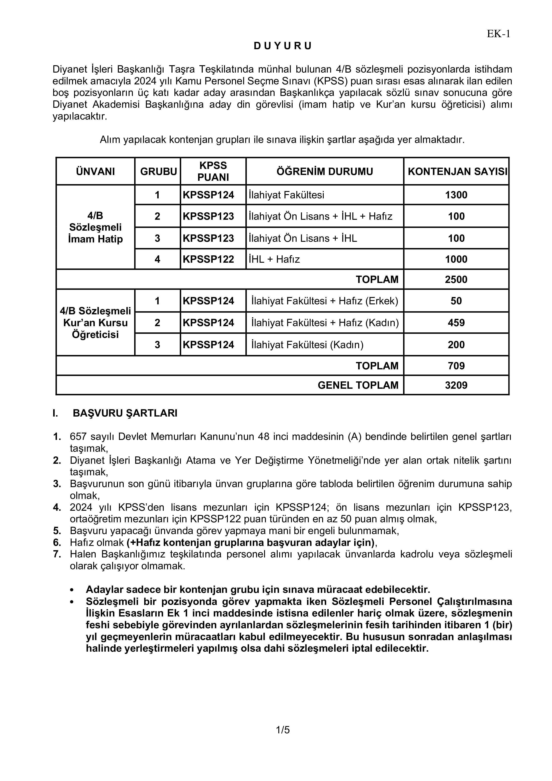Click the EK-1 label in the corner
[x=498, y=34]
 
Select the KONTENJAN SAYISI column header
[x=457, y=171]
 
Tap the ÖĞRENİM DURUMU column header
[x=325, y=171]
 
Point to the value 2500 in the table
[x=456, y=280]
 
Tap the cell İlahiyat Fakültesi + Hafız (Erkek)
[x=325, y=301]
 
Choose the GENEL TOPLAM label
[x=358, y=385]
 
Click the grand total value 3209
[x=456, y=385]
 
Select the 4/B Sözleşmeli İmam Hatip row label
[x=95, y=227]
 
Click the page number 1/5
[x=283, y=730]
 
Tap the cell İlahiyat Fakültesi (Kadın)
[x=307, y=345]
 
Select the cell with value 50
[x=456, y=301]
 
